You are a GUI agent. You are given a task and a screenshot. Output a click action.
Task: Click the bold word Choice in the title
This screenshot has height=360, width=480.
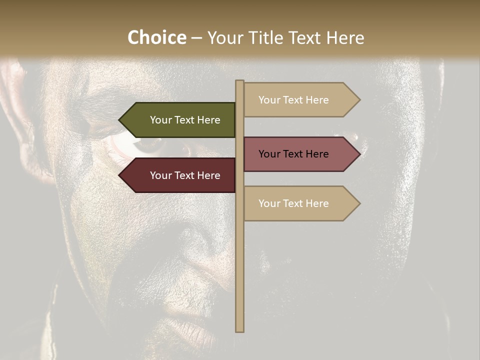[156, 37]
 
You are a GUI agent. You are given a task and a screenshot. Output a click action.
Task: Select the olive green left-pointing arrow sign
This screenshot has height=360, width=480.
[180, 120]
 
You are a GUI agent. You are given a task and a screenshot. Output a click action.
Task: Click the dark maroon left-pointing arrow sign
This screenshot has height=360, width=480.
[180, 175]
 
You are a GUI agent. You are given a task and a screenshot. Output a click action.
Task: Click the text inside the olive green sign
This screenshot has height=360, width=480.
[185, 120]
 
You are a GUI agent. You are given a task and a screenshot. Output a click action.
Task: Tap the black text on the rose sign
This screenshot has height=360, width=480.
[293, 154]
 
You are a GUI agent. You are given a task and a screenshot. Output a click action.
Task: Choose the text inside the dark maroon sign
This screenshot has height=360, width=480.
[185, 175]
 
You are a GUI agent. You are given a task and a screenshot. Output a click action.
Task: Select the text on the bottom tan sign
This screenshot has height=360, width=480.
[293, 203]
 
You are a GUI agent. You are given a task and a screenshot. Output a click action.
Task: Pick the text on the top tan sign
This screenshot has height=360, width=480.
[293, 100]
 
